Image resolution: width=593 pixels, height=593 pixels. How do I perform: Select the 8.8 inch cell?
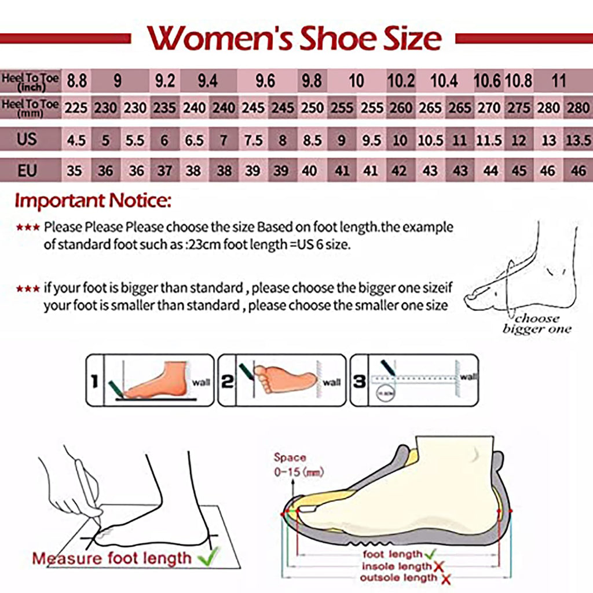(76, 81)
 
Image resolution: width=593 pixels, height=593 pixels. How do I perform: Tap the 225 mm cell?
(76, 108)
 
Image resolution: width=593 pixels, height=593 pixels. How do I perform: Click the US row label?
(27, 140)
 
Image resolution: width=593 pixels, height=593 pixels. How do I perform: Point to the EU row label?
(27, 170)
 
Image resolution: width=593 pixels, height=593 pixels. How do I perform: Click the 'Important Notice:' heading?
(93, 201)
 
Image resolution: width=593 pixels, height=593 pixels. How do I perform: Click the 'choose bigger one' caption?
(536, 324)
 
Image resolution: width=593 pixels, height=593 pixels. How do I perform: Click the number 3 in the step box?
(360, 381)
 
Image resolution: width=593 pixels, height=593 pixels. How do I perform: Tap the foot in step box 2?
(285, 379)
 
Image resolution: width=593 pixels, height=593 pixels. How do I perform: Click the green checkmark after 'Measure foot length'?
(206, 557)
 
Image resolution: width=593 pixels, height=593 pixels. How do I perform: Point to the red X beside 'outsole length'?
(446, 578)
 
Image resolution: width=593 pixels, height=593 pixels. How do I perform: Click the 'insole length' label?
(397, 566)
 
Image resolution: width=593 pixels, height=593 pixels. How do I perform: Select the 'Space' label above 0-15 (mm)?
(290, 458)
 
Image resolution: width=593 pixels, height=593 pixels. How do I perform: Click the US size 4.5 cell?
(76, 140)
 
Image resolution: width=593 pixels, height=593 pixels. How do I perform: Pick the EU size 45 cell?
(518, 171)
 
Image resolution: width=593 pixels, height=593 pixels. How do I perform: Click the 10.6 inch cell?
(487, 81)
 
